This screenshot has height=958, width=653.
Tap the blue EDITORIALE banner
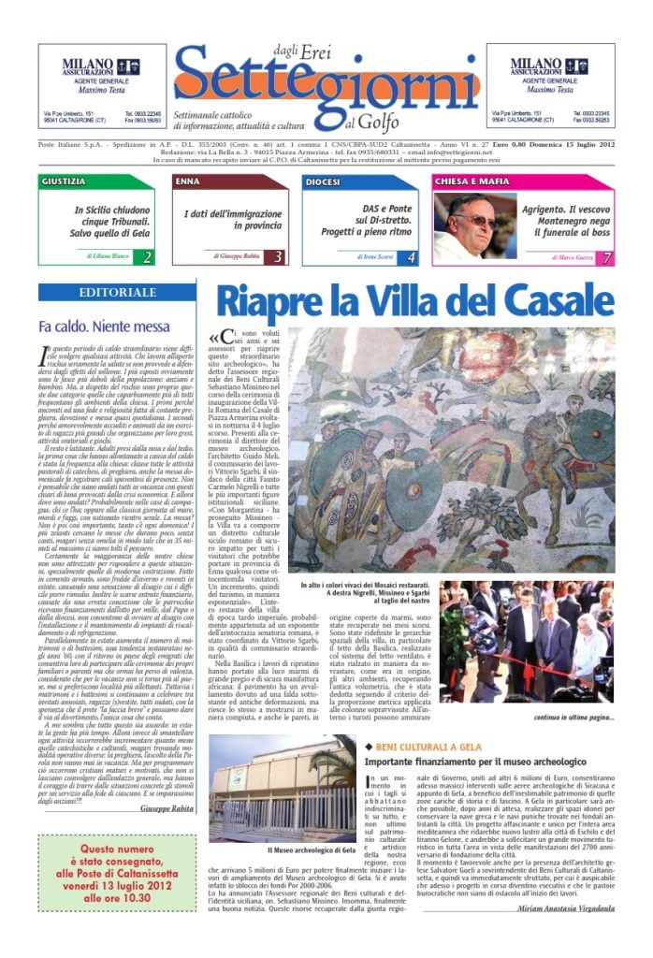[x=118, y=293]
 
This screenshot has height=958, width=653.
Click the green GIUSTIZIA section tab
[x=64, y=181]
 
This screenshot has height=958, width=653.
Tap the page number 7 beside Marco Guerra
[x=607, y=256]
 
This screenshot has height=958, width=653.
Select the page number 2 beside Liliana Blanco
[x=147, y=256]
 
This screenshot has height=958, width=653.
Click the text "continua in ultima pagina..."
[x=573, y=744]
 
